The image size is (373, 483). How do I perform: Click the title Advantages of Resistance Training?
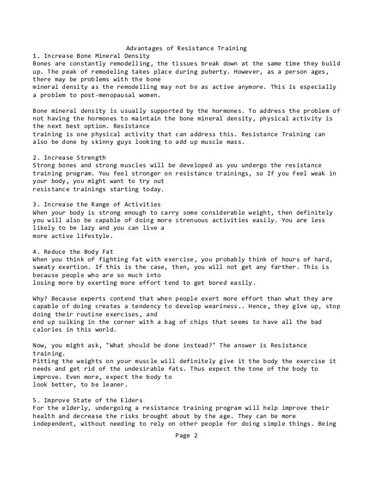tap(186, 47)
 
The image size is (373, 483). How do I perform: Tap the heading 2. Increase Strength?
tap(69, 158)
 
